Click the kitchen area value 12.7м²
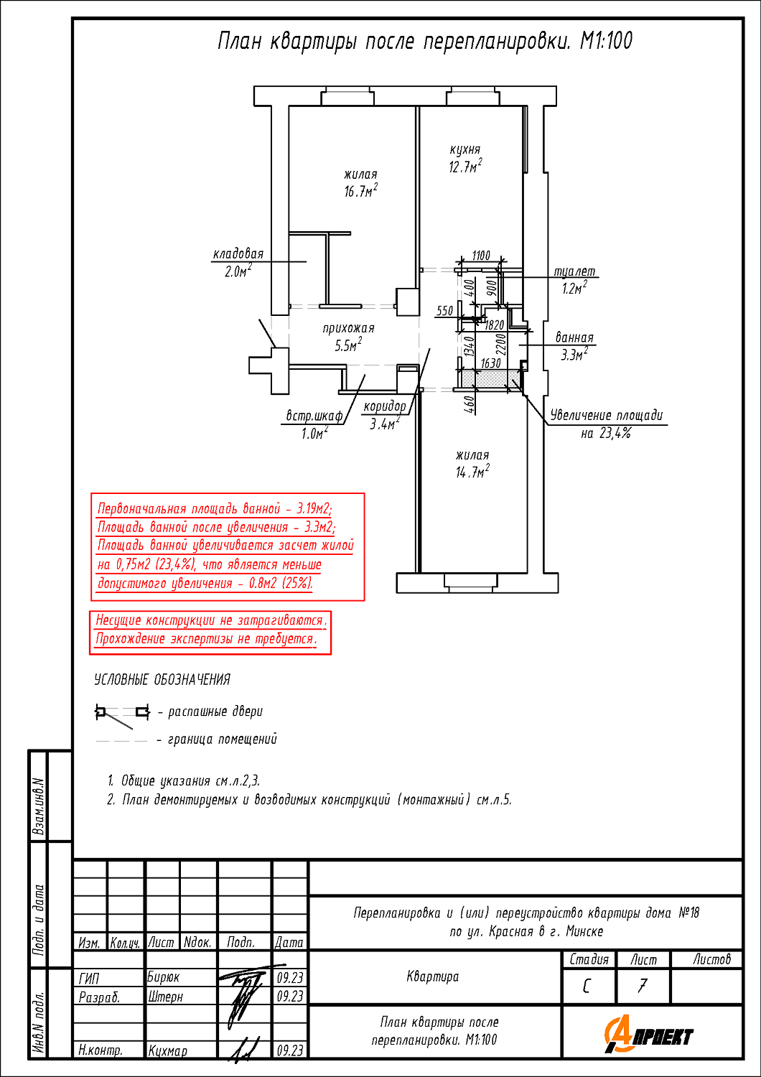[465, 167]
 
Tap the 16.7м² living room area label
[360, 190]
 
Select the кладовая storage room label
[238, 253]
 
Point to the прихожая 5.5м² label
[348, 337]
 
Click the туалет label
[574, 271]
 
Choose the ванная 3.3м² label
[574, 346]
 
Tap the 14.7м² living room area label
[472, 471]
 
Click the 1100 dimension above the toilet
[481, 256]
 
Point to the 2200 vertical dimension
[501, 344]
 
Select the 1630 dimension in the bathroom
[491, 363]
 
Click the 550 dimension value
[444, 311]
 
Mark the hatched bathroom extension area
[490, 378]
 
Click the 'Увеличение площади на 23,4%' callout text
[606, 424]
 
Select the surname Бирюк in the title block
[164, 977]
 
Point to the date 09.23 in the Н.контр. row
[290, 1050]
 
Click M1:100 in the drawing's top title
[606, 41]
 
